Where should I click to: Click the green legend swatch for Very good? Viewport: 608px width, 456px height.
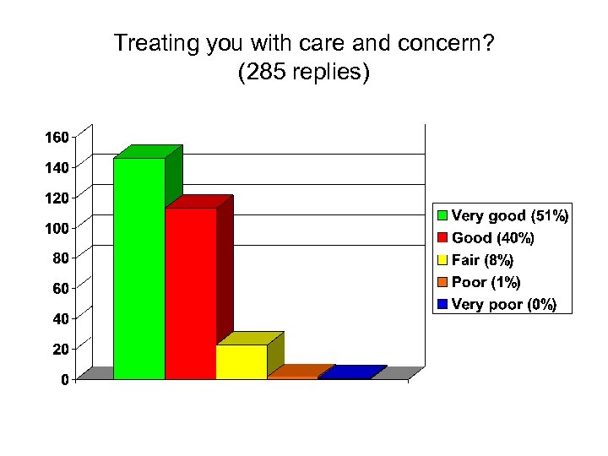[442, 216]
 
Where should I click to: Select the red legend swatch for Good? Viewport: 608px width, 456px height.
[442, 238]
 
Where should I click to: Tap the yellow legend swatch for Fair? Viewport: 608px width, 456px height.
[442, 260]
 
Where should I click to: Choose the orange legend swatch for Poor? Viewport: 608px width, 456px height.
[442, 282]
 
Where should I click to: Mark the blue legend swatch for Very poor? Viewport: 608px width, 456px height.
[442, 304]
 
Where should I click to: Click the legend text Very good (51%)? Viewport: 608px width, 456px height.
[510, 216]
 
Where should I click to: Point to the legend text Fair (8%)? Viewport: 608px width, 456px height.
[482, 260]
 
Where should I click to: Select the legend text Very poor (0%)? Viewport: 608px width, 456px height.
[504, 304]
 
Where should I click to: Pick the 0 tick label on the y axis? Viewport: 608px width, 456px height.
[64, 380]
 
